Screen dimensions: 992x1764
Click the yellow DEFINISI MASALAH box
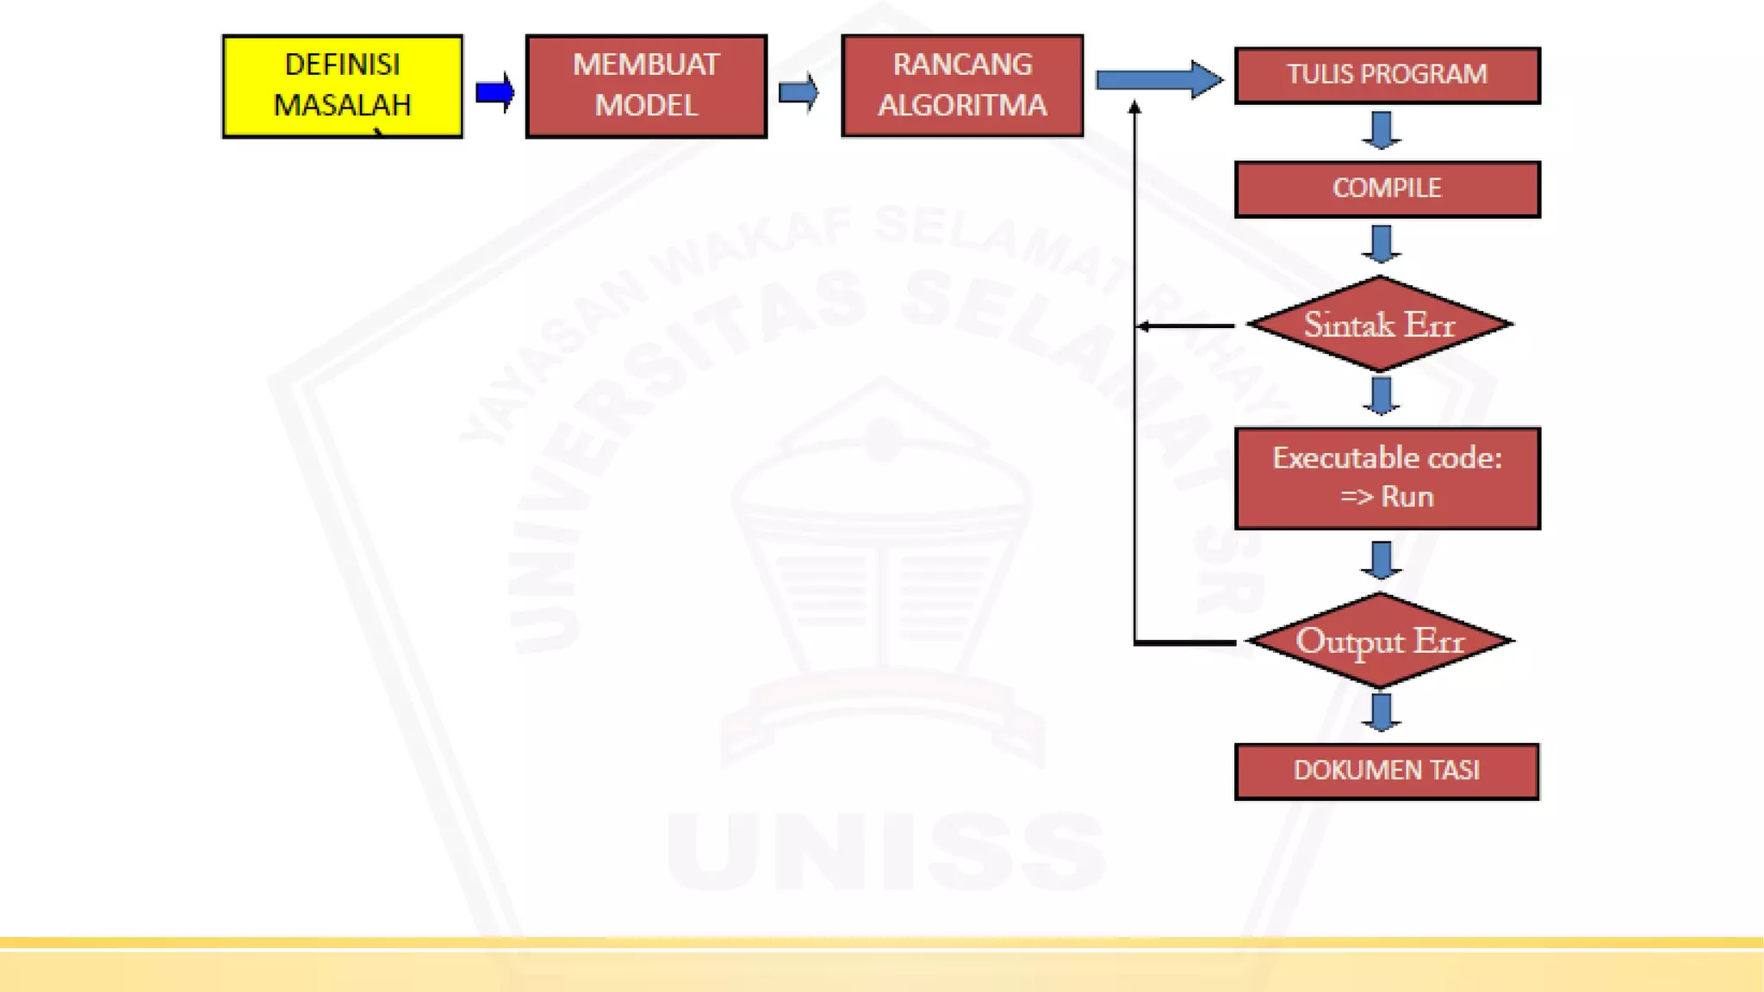pyautogui.click(x=342, y=86)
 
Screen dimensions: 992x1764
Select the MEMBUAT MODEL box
pyautogui.click(x=646, y=86)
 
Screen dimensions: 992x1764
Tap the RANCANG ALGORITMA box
pyautogui.click(x=962, y=86)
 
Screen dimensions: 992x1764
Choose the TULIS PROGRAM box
pyautogui.click(x=1387, y=75)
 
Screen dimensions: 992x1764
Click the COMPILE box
pyautogui.click(x=1387, y=189)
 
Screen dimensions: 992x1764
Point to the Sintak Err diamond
pyautogui.click(x=1380, y=325)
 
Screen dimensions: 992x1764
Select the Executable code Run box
pyautogui.click(x=1387, y=478)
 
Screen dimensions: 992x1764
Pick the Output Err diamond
pyautogui.click(x=1380, y=641)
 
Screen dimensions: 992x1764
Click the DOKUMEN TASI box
pyautogui.click(x=1387, y=771)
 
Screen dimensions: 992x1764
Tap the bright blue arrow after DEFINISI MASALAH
pyautogui.click(x=495, y=92)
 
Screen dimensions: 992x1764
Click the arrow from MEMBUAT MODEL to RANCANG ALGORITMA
pyautogui.click(x=798, y=92)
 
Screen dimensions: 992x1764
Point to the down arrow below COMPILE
pyautogui.click(x=1382, y=244)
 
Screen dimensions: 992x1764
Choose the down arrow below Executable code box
pyautogui.click(x=1382, y=560)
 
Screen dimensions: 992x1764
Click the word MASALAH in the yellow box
pyautogui.click(x=342, y=105)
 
